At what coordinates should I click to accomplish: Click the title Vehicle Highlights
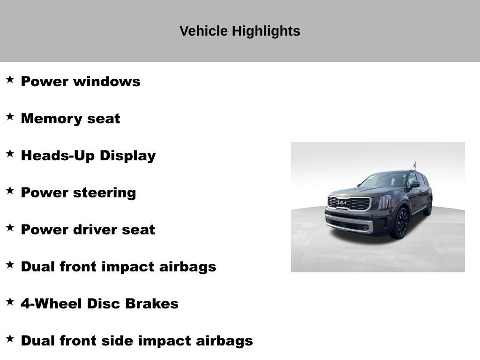point(240,31)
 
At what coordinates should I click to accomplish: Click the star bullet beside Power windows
point(10,79)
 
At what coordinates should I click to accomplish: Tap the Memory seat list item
point(70,119)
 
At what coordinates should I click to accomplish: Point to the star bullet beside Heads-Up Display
point(10,153)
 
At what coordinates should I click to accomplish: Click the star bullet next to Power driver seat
point(10,227)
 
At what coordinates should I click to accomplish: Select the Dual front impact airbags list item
point(118,267)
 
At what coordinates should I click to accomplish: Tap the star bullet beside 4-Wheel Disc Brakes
point(10,301)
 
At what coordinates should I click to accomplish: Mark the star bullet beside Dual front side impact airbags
point(10,338)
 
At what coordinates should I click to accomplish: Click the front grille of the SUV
point(349,203)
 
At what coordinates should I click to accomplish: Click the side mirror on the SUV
point(415,185)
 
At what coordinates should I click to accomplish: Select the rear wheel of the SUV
point(428,206)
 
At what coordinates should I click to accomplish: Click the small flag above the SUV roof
point(414,165)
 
